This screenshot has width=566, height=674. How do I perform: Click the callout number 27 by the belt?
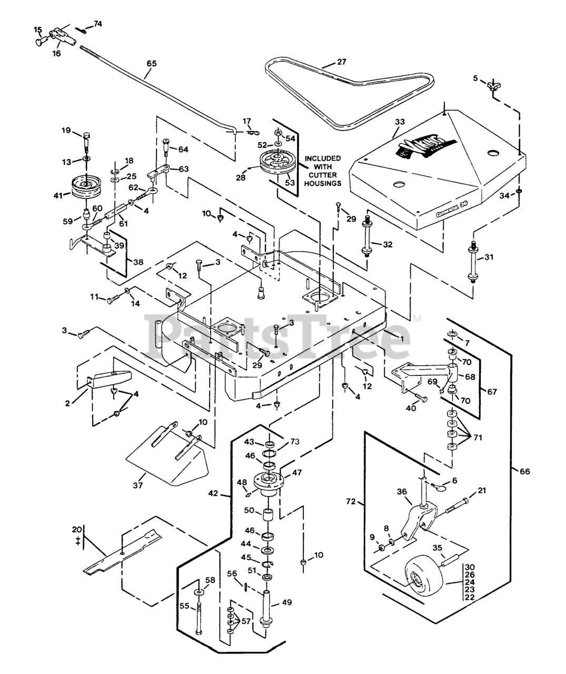coord(342,62)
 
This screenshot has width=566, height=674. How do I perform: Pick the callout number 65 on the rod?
coord(152,63)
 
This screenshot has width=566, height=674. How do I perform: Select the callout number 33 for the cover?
coord(400,122)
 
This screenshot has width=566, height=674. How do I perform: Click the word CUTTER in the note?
coord(323,175)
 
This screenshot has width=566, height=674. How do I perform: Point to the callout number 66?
coord(524,471)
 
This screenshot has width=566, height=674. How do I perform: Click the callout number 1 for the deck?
coord(401,339)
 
